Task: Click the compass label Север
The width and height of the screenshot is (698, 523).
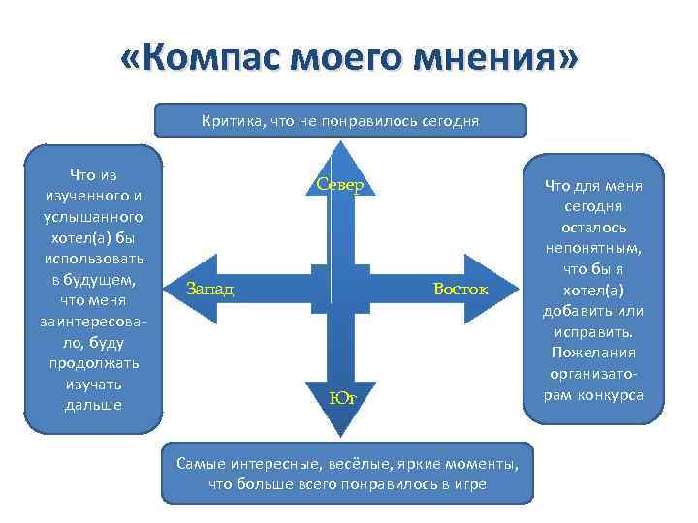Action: coord(339,185)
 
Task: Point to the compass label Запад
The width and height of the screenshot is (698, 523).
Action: coord(210,289)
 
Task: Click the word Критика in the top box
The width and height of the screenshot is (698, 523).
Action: coord(230,121)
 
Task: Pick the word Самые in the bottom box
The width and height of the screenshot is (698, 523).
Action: coord(201,463)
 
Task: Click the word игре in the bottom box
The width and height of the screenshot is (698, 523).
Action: coord(468,483)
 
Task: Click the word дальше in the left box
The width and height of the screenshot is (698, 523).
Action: coord(94,404)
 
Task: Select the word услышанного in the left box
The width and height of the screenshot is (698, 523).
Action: coord(94,216)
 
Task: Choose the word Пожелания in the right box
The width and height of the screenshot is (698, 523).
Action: coord(593,352)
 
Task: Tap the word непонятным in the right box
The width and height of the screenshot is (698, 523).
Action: coord(593,248)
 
